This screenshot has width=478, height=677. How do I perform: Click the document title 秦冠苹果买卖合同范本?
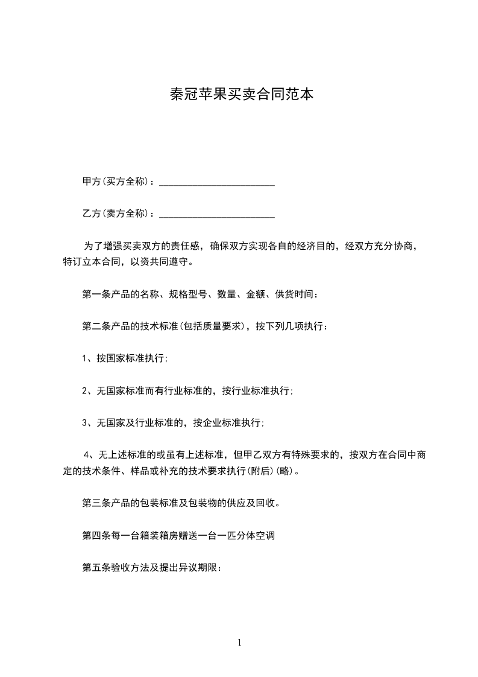(239, 94)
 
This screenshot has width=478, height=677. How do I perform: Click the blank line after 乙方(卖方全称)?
(216, 214)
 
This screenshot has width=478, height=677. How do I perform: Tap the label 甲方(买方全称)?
(118, 182)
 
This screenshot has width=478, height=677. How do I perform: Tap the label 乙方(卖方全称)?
(118, 214)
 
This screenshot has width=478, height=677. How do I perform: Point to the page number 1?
(239, 643)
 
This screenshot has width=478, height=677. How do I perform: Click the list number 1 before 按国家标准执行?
(85, 358)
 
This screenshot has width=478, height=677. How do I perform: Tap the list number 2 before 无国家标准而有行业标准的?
(85, 391)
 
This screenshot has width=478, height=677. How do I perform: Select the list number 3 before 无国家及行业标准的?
(85, 423)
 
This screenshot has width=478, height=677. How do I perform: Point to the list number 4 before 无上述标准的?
(87, 454)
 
